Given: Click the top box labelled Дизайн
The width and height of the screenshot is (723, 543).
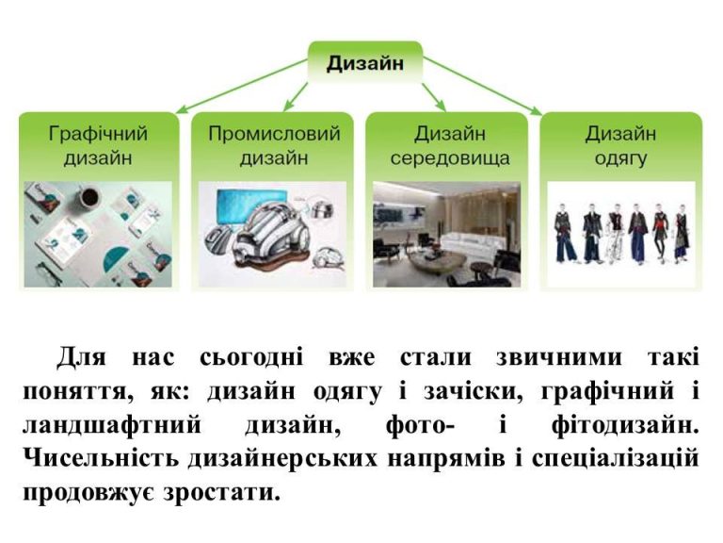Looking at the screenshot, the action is [364, 63].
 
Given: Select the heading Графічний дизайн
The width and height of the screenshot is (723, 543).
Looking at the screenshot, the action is [98, 145].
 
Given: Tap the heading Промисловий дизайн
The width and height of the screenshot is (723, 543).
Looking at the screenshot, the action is [274, 145].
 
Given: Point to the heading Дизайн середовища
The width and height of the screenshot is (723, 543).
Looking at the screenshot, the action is [450, 145].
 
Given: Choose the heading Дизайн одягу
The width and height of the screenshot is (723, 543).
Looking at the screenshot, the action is [620, 145].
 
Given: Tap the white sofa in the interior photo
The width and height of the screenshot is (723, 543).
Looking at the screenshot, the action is [474, 246].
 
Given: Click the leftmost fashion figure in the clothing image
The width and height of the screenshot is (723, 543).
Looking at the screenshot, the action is [565, 232].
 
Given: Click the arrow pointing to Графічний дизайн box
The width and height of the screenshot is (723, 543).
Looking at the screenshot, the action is [242, 86].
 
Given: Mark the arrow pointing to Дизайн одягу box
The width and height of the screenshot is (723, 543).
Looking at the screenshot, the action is [482, 86].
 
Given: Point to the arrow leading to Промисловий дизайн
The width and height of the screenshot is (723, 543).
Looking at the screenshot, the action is [296, 97].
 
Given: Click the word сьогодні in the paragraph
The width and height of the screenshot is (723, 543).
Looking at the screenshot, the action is [251, 357].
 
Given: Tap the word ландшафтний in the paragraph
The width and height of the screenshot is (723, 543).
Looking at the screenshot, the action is [112, 425].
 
